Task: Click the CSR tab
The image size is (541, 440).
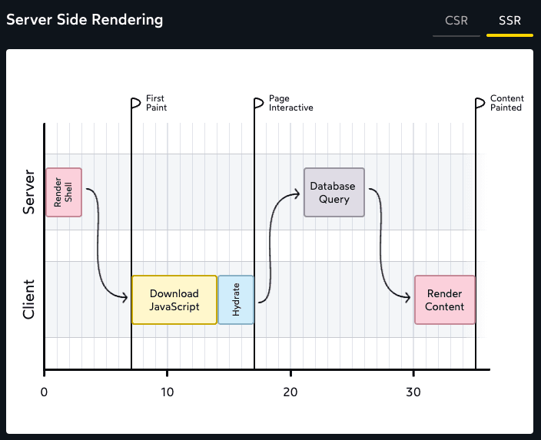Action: pyautogui.click(x=456, y=21)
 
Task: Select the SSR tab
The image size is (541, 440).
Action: pyautogui.click(x=509, y=21)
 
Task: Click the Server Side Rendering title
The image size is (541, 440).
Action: pyautogui.click(x=85, y=20)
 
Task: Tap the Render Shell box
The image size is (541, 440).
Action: pyautogui.click(x=64, y=192)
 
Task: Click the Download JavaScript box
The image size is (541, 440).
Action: pyautogui.click(x=174, y=299)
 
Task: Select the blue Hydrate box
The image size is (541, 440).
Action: pyautogui.click(x=236, y=299)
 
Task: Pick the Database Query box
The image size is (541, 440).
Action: pyautogui.click(x=334, y=193)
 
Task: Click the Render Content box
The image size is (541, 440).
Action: pyautogui.click(x=445, y=299)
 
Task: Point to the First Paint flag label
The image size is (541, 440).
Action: pyautogui.click(x=156, y=103)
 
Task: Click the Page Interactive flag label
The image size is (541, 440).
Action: pyautogui.click(x=290, y=103)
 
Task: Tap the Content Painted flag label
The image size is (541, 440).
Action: pyautogui.click(x=507, y=103)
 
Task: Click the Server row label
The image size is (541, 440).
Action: pyautogui.click(x=29, y=192)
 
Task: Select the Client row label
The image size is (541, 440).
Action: pyautogui.click(x=29, y=299)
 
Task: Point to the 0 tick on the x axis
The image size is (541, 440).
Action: pyautogui.click(x=45, y=391)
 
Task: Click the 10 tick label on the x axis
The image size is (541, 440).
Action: pyautogui.click(x=167, y=391)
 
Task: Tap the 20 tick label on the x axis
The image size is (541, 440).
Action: pyautogui.click(x=290, y=391)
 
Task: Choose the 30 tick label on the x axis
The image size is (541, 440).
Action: pyautogui.click(x=413, y=391)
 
